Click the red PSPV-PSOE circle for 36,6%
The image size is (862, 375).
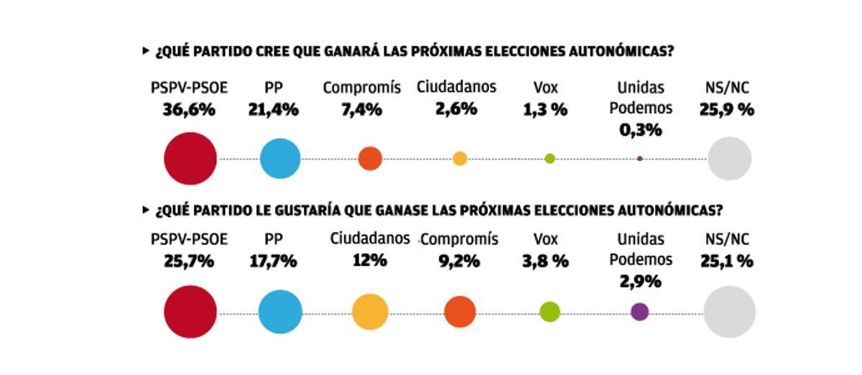(x=190, y=159)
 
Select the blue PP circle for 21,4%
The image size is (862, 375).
(x=280, y=159)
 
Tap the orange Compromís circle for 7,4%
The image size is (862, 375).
(x=370, y=159)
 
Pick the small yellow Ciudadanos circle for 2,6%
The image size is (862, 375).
(x=460, y=159)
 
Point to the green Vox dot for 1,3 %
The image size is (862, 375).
(x=550, y=159)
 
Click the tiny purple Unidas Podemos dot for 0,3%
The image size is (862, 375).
(x=639, y=159)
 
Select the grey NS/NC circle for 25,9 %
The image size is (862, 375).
(x=729, y=159)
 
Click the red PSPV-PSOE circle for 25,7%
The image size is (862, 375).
(x=190, y=312)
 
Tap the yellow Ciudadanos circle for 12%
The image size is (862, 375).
(x=370, y=312)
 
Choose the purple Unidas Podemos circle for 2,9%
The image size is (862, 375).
(x=639, y=312)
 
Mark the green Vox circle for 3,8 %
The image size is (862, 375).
(x=550, y=312)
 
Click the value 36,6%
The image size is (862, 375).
(x=189, y=110)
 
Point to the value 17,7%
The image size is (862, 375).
(x=273, y=261)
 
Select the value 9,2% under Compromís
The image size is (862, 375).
(x=459, y=261)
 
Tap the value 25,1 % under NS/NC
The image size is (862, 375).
(x=727, y=261)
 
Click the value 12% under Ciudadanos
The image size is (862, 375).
(x=369, y=260)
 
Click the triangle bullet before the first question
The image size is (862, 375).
(x=147, y=51)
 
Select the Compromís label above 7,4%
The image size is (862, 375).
(x=361, y=88)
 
